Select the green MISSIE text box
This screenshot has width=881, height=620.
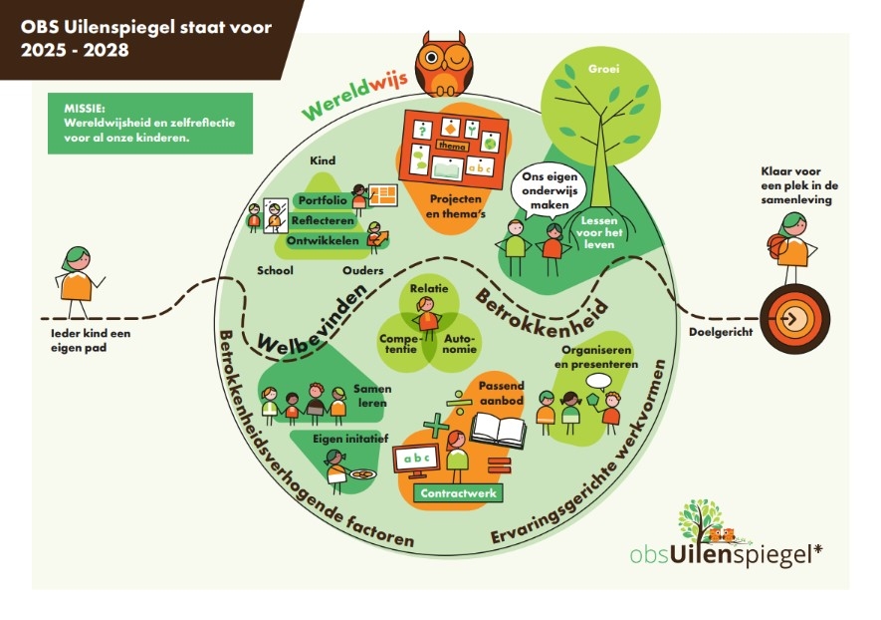point(149,124)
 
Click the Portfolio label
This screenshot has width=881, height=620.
point(322,201)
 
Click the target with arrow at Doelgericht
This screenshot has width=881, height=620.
point(794,318)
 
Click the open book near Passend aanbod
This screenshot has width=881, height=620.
point(498,430)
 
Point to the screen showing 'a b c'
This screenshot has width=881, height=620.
point(418,460)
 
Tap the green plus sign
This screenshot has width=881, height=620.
point(436,427)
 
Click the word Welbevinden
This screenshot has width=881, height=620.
point(309,319)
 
